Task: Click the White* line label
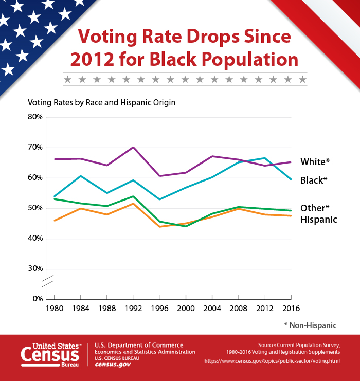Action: point(315,162)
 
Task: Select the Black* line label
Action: point(314,180)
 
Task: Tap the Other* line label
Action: point(315,208)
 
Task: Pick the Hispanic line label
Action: point(319,220)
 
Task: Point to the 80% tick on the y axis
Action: point(35,117)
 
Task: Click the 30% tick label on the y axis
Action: point(35,269)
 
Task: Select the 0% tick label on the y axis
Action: point(37,299)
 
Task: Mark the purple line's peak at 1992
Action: point(133,147)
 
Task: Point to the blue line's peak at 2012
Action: point(265,158)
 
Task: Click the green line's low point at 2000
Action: point(186,226)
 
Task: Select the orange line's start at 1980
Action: point(54,221)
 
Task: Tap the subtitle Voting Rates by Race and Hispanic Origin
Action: point(102,102)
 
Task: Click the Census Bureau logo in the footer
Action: point(50,355)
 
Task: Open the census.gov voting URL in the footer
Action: point(272,361)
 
